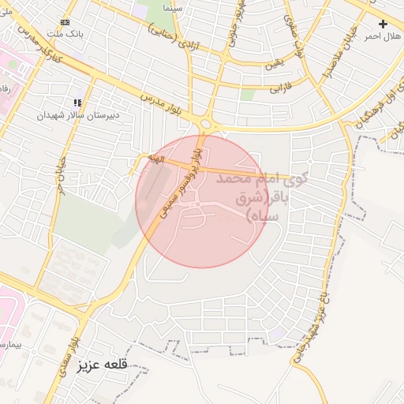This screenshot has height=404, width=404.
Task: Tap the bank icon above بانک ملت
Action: click(65, 22)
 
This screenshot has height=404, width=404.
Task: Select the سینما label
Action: click(173, 7)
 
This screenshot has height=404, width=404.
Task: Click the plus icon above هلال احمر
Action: click(383, 24)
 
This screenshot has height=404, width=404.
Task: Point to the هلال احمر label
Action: click(383, 36)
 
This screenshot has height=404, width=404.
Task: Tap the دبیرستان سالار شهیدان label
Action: click(78, 114)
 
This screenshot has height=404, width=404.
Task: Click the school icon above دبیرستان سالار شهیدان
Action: click(77, 103)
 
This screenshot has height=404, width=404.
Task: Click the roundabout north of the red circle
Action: click(209, 124)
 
